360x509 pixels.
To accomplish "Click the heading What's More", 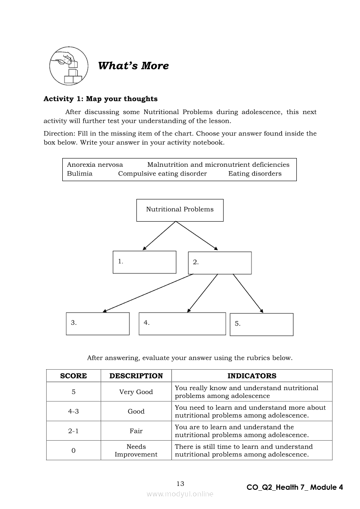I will pyautogui.click(x=133, y=66).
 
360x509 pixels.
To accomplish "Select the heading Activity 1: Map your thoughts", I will pyautogui.click(x=101, y=99).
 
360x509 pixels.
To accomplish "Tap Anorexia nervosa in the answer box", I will pyautogui.click(x=95, y=165).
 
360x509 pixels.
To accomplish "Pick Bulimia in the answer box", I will pyautogui.click(x=80, y=174).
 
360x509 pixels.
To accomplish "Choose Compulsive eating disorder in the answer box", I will pyautogui.click(x=163, y=174).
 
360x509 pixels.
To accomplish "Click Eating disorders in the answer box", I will pyautogui.click(x=255, y=174).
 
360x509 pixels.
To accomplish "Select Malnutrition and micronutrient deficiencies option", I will pyautogui.click(x=218, y=165).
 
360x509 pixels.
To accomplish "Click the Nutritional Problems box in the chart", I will pyautogui.click(x=180, y=210).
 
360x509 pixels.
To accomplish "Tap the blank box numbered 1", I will pyautogui.click(x=144, y=262).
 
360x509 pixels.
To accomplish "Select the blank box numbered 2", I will pyautogui.click(x=220, y=263).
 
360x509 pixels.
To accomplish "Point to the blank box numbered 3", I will pyautogui.click(x=98, y=324).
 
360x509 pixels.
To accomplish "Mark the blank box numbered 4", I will pyautogui.click(x=182, y=324).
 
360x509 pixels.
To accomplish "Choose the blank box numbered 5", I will pyautogui.click(x=262, y=324).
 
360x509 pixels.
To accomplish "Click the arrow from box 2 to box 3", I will pyautogui.click(x=148, y=293).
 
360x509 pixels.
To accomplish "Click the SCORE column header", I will pyautogui.click(x=74, y=376).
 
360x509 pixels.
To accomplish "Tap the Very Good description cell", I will pyautogui.click(x=136, y=392).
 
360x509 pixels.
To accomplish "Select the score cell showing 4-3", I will pyautogui.click(x=74, y=411).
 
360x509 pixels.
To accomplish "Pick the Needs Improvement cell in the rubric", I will pyautogui.click(x=136, y=451).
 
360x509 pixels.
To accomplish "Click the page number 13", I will pyautogui.click(x=180, y=484).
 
